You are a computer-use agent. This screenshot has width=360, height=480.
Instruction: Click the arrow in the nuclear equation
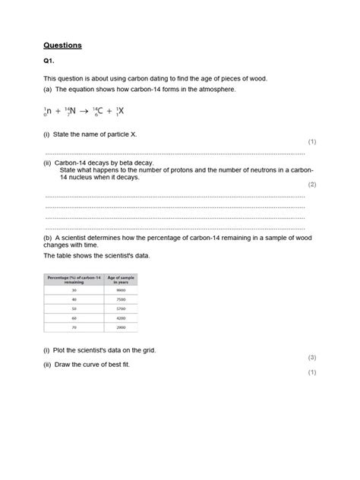[x=84, y=112]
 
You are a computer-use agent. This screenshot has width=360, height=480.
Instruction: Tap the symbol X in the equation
[x=120, y=111]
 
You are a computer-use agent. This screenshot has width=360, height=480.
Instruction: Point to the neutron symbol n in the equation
[x=49, y=112]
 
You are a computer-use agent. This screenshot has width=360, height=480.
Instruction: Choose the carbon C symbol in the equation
[x=100, y=112]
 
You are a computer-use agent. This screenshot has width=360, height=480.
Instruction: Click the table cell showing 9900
[x=120, y=290]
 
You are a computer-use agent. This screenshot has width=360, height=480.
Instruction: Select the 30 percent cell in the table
[x=74, y=290]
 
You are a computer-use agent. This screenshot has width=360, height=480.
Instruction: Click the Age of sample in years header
[x=120, y=279]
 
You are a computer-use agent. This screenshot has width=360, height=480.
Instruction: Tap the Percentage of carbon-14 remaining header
[x=74, y=279]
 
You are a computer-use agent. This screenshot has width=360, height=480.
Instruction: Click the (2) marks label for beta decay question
[x=311, y=185]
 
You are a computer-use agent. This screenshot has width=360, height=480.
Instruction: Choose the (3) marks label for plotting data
[x=311, y=357]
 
